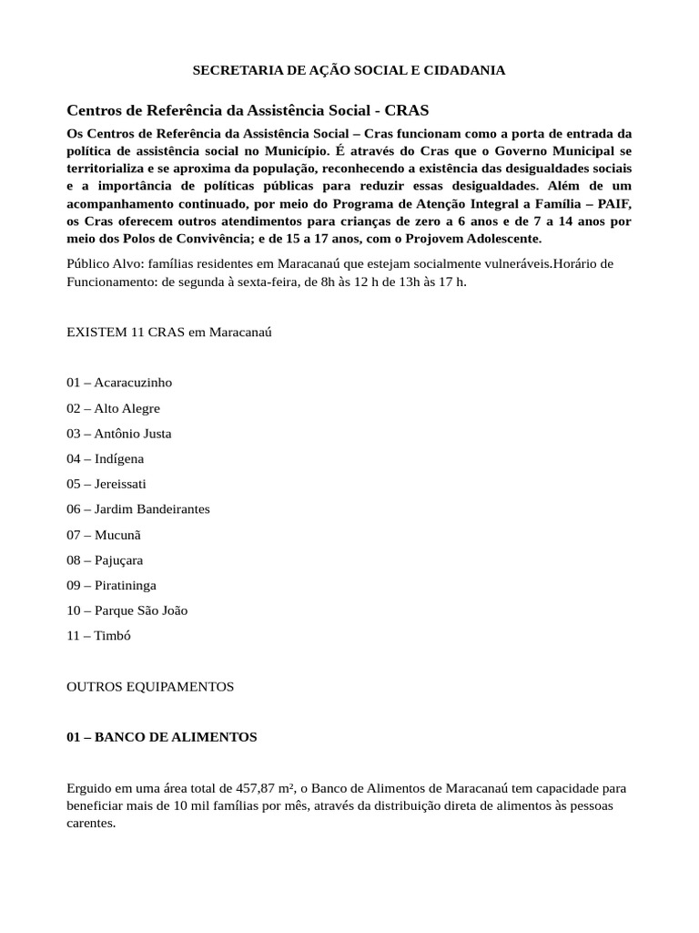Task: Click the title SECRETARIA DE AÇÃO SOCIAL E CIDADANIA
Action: [349, 70]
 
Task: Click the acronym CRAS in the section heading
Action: [406, 110]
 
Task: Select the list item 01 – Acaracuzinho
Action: [119, 383]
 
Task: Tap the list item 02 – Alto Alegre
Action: [113, 408]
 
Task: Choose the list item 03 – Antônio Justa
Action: [119, 434]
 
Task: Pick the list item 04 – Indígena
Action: [106, 458]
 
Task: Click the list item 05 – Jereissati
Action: [106, 484]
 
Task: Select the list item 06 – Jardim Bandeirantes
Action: [138, 509]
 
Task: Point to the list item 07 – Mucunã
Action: [104, 535]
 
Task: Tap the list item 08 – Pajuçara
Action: [105, 560]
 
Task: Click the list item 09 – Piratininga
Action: [111, 585]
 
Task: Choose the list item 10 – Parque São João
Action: [127, 610]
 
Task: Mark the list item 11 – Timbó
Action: [99, 636]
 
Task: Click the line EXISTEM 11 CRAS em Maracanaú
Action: [169, 333]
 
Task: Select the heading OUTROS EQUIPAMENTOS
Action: [150, 686]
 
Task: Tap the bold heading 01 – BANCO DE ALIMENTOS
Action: [162, 737]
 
